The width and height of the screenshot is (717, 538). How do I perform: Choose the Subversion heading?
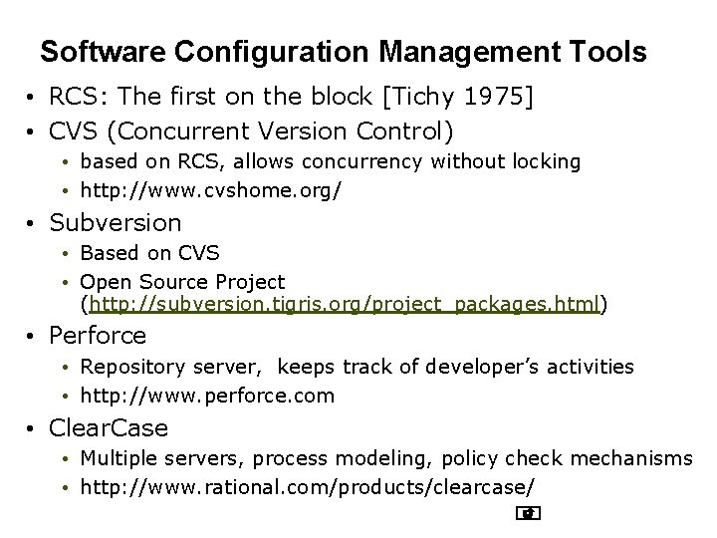point(116,222)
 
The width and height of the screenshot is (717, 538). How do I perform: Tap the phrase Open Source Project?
point(182,282)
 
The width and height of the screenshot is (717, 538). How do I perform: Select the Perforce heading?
point(98,336)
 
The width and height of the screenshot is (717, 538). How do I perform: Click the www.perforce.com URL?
point(207,396)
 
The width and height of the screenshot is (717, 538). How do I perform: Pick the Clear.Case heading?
point(110,428)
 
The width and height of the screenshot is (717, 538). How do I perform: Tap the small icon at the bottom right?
point(528,514)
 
